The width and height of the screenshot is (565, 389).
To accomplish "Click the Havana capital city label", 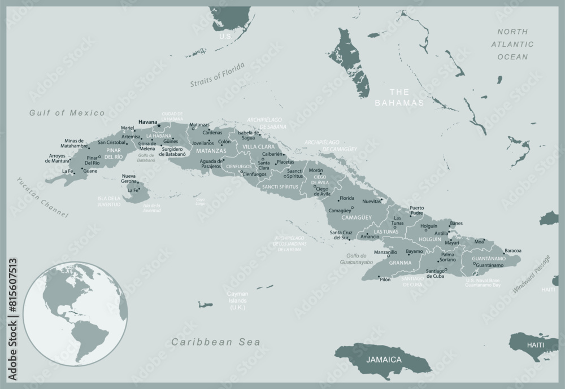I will click(x=147, y=121).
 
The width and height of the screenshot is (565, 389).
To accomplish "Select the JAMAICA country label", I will click(x=384, y=359).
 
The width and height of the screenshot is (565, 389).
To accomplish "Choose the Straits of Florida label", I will click(x=218, y=75).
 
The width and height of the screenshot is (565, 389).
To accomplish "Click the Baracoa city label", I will click(x=512, y=250).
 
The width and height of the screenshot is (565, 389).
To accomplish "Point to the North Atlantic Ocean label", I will click(x=512, y=44).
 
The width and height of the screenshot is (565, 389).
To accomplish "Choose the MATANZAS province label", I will click(x=210, y=151).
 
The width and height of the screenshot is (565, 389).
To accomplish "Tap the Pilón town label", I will click(x=385, y=279).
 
